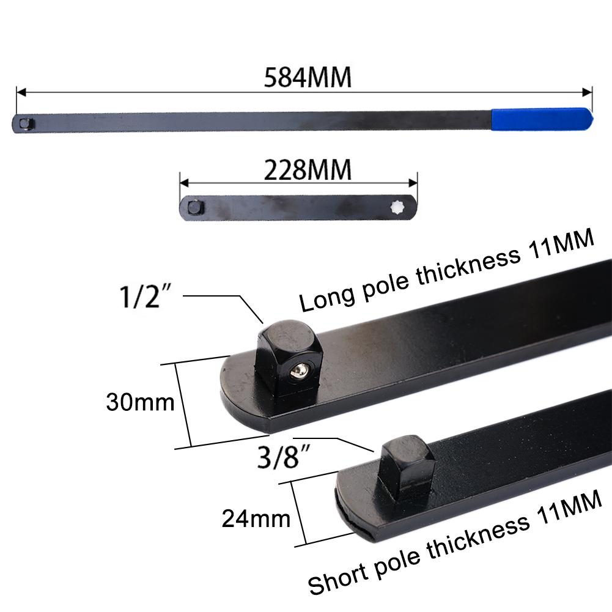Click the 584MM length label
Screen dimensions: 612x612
click(308, 78)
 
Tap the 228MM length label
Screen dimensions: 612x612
click(308, 171)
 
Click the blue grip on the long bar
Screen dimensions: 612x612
click(540, 118)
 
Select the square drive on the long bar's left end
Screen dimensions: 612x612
click(24, 124)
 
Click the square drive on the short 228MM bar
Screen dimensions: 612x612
click(194, 208)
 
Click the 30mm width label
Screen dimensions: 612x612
click(140, 402)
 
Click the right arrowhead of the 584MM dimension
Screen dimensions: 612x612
click(589, 92)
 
